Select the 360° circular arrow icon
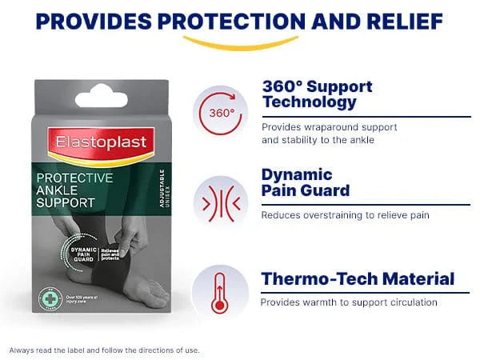coord(221,112)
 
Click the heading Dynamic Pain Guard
coord(306,182)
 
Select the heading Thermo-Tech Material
coord(358,279)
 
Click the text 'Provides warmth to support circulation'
coord(349,302)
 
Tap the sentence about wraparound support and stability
coord(330,134)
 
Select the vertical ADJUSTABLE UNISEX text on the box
coord(162,188)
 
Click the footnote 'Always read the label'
coord(104,350)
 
